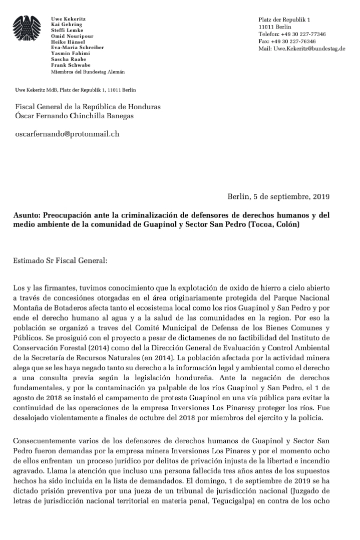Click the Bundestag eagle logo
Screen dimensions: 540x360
tap(27, 29)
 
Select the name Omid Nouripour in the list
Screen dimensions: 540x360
tap(72, 36)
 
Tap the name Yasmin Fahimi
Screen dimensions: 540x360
tap(71, 54)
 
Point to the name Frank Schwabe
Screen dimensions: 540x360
tap(71, 65)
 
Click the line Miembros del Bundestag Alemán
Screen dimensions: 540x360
tap(88, 72)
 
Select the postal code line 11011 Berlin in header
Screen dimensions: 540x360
tap(275, 27)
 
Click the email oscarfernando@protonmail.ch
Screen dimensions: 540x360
tap(67, 134)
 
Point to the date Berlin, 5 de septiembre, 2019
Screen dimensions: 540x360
tap(278, 196)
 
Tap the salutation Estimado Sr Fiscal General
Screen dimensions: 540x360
tap(60, 260)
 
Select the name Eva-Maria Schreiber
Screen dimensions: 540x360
tap(78, 48)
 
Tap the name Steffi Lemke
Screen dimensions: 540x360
tap(67, 31)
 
